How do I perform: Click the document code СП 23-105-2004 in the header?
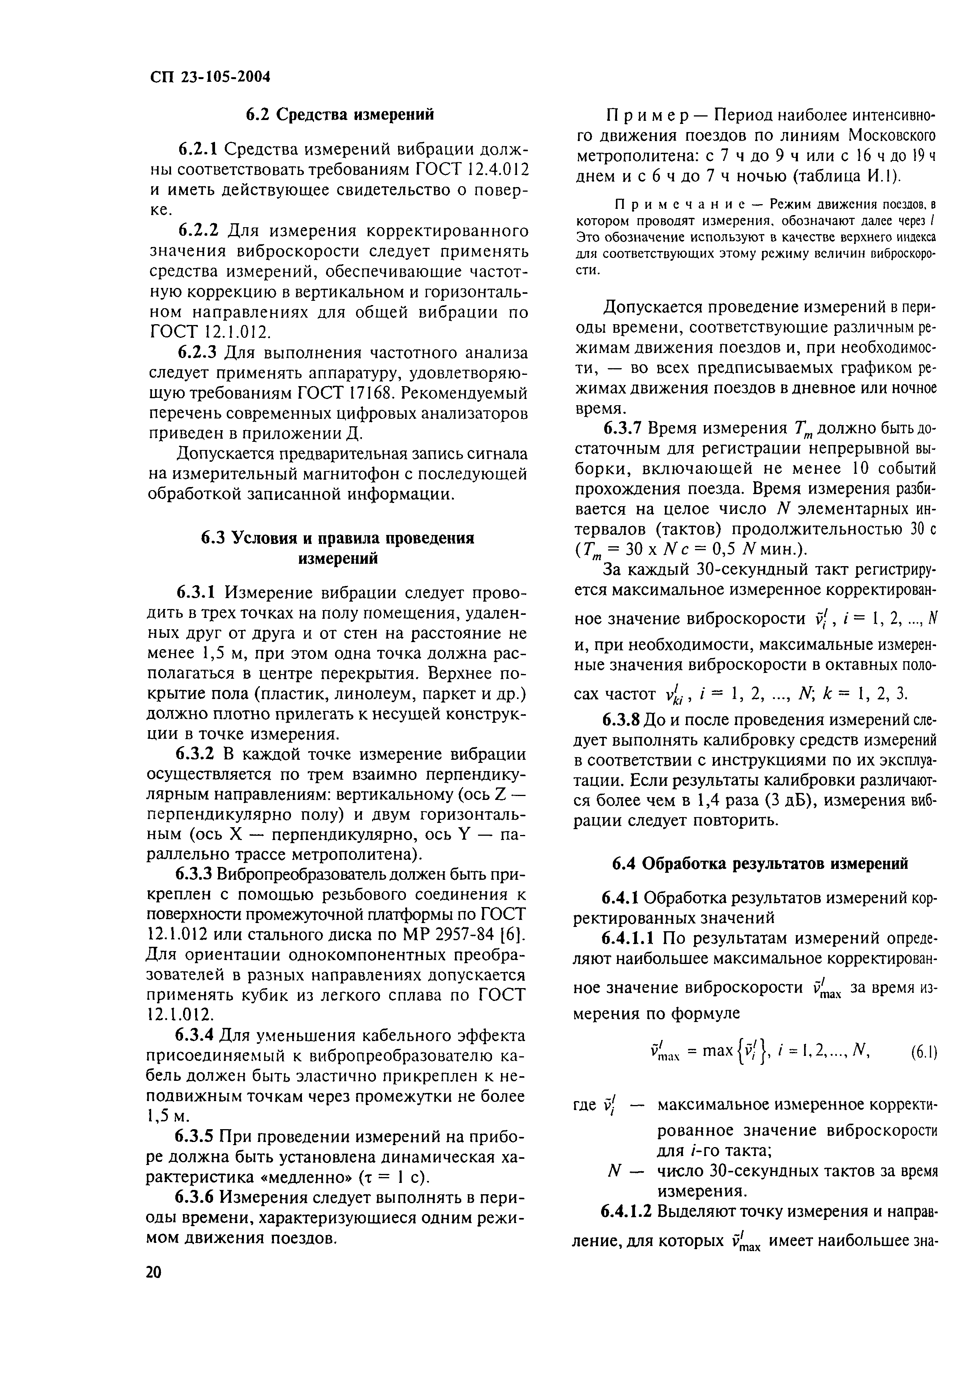209,77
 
